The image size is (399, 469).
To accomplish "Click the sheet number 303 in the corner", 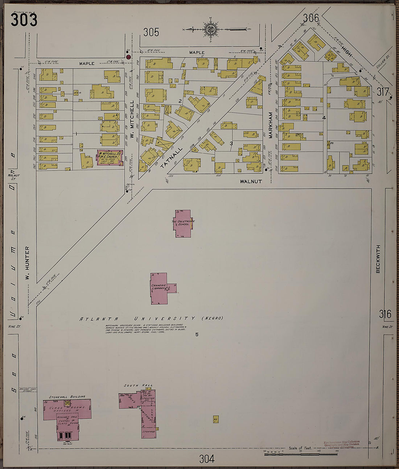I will click(x=24, y=20).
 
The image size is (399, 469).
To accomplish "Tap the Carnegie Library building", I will click(x=159, y=288).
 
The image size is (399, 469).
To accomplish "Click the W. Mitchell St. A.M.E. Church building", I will click(x=110, y=158).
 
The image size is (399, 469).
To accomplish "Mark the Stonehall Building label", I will click(x=67, y=397).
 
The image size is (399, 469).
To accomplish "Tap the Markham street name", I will click(x=270, y=125).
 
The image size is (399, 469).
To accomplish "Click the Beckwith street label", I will click(x=378, y=259).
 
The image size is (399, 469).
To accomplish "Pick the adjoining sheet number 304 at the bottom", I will click(x=206, y=459).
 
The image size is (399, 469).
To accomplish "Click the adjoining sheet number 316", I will click(x=385, y=314).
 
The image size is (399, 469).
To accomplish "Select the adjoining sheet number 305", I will click(x=151, y=32).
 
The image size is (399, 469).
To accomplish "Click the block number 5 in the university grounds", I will click(x=197, y=335).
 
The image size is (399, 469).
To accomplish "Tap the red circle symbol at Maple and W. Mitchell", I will click(x=128, y=57).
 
